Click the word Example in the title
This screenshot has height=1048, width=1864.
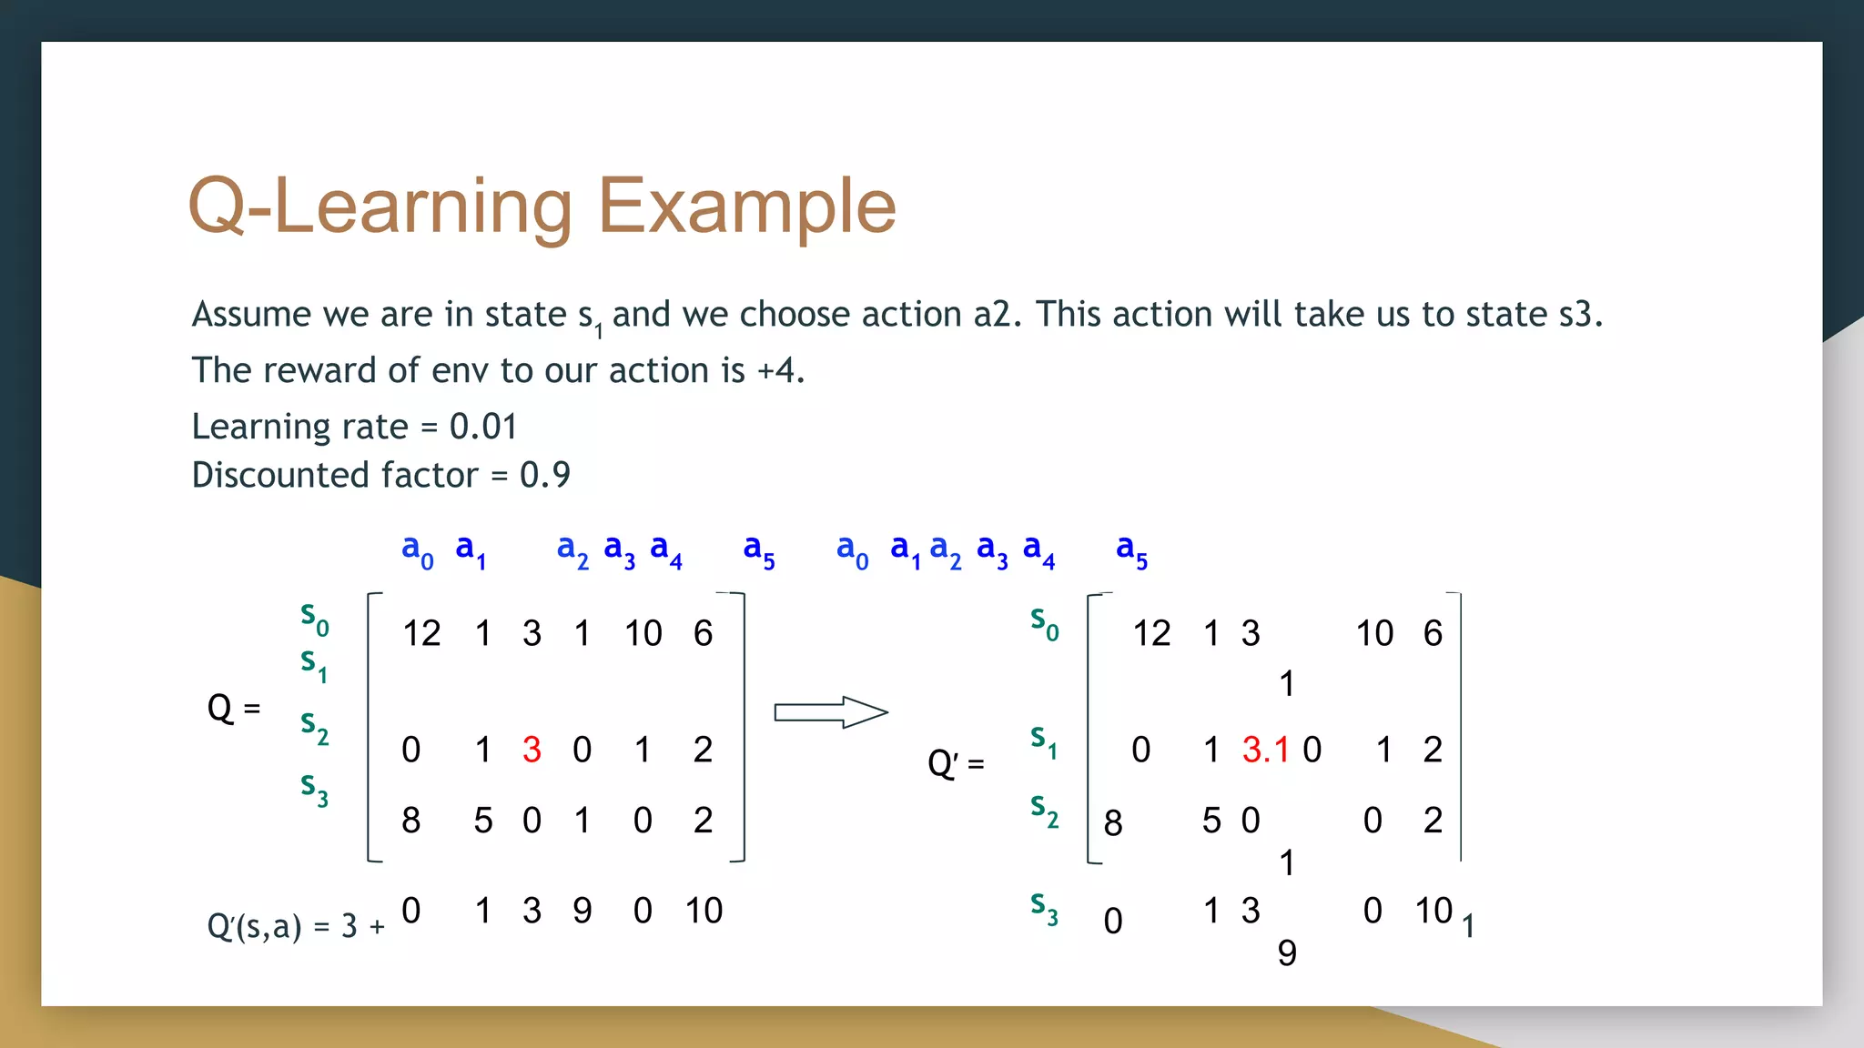(746, 207)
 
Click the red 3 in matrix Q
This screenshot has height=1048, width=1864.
(532, 750)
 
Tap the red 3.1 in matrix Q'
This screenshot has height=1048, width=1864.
(1265, 750)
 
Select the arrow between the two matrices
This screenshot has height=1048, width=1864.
(830, 712)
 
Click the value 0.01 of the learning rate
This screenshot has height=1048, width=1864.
(483, 427)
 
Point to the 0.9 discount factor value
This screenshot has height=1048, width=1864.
(544, 475)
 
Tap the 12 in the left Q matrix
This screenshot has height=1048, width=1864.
(421, 633)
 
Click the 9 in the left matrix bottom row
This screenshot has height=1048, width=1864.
(582, 911)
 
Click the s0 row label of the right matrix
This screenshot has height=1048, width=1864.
(1044, 623)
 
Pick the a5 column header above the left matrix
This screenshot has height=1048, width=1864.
(758, 549)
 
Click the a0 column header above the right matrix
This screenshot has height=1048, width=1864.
(852, 549)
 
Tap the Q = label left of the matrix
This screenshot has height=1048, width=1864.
(233, 708)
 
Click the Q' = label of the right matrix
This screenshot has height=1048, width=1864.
(955, 762)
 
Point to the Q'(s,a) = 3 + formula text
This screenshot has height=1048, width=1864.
(296, 926)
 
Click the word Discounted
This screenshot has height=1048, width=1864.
(334, 475)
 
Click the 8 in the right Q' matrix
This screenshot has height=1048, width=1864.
(1112, 823)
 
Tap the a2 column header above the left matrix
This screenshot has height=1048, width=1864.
(572, 549)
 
